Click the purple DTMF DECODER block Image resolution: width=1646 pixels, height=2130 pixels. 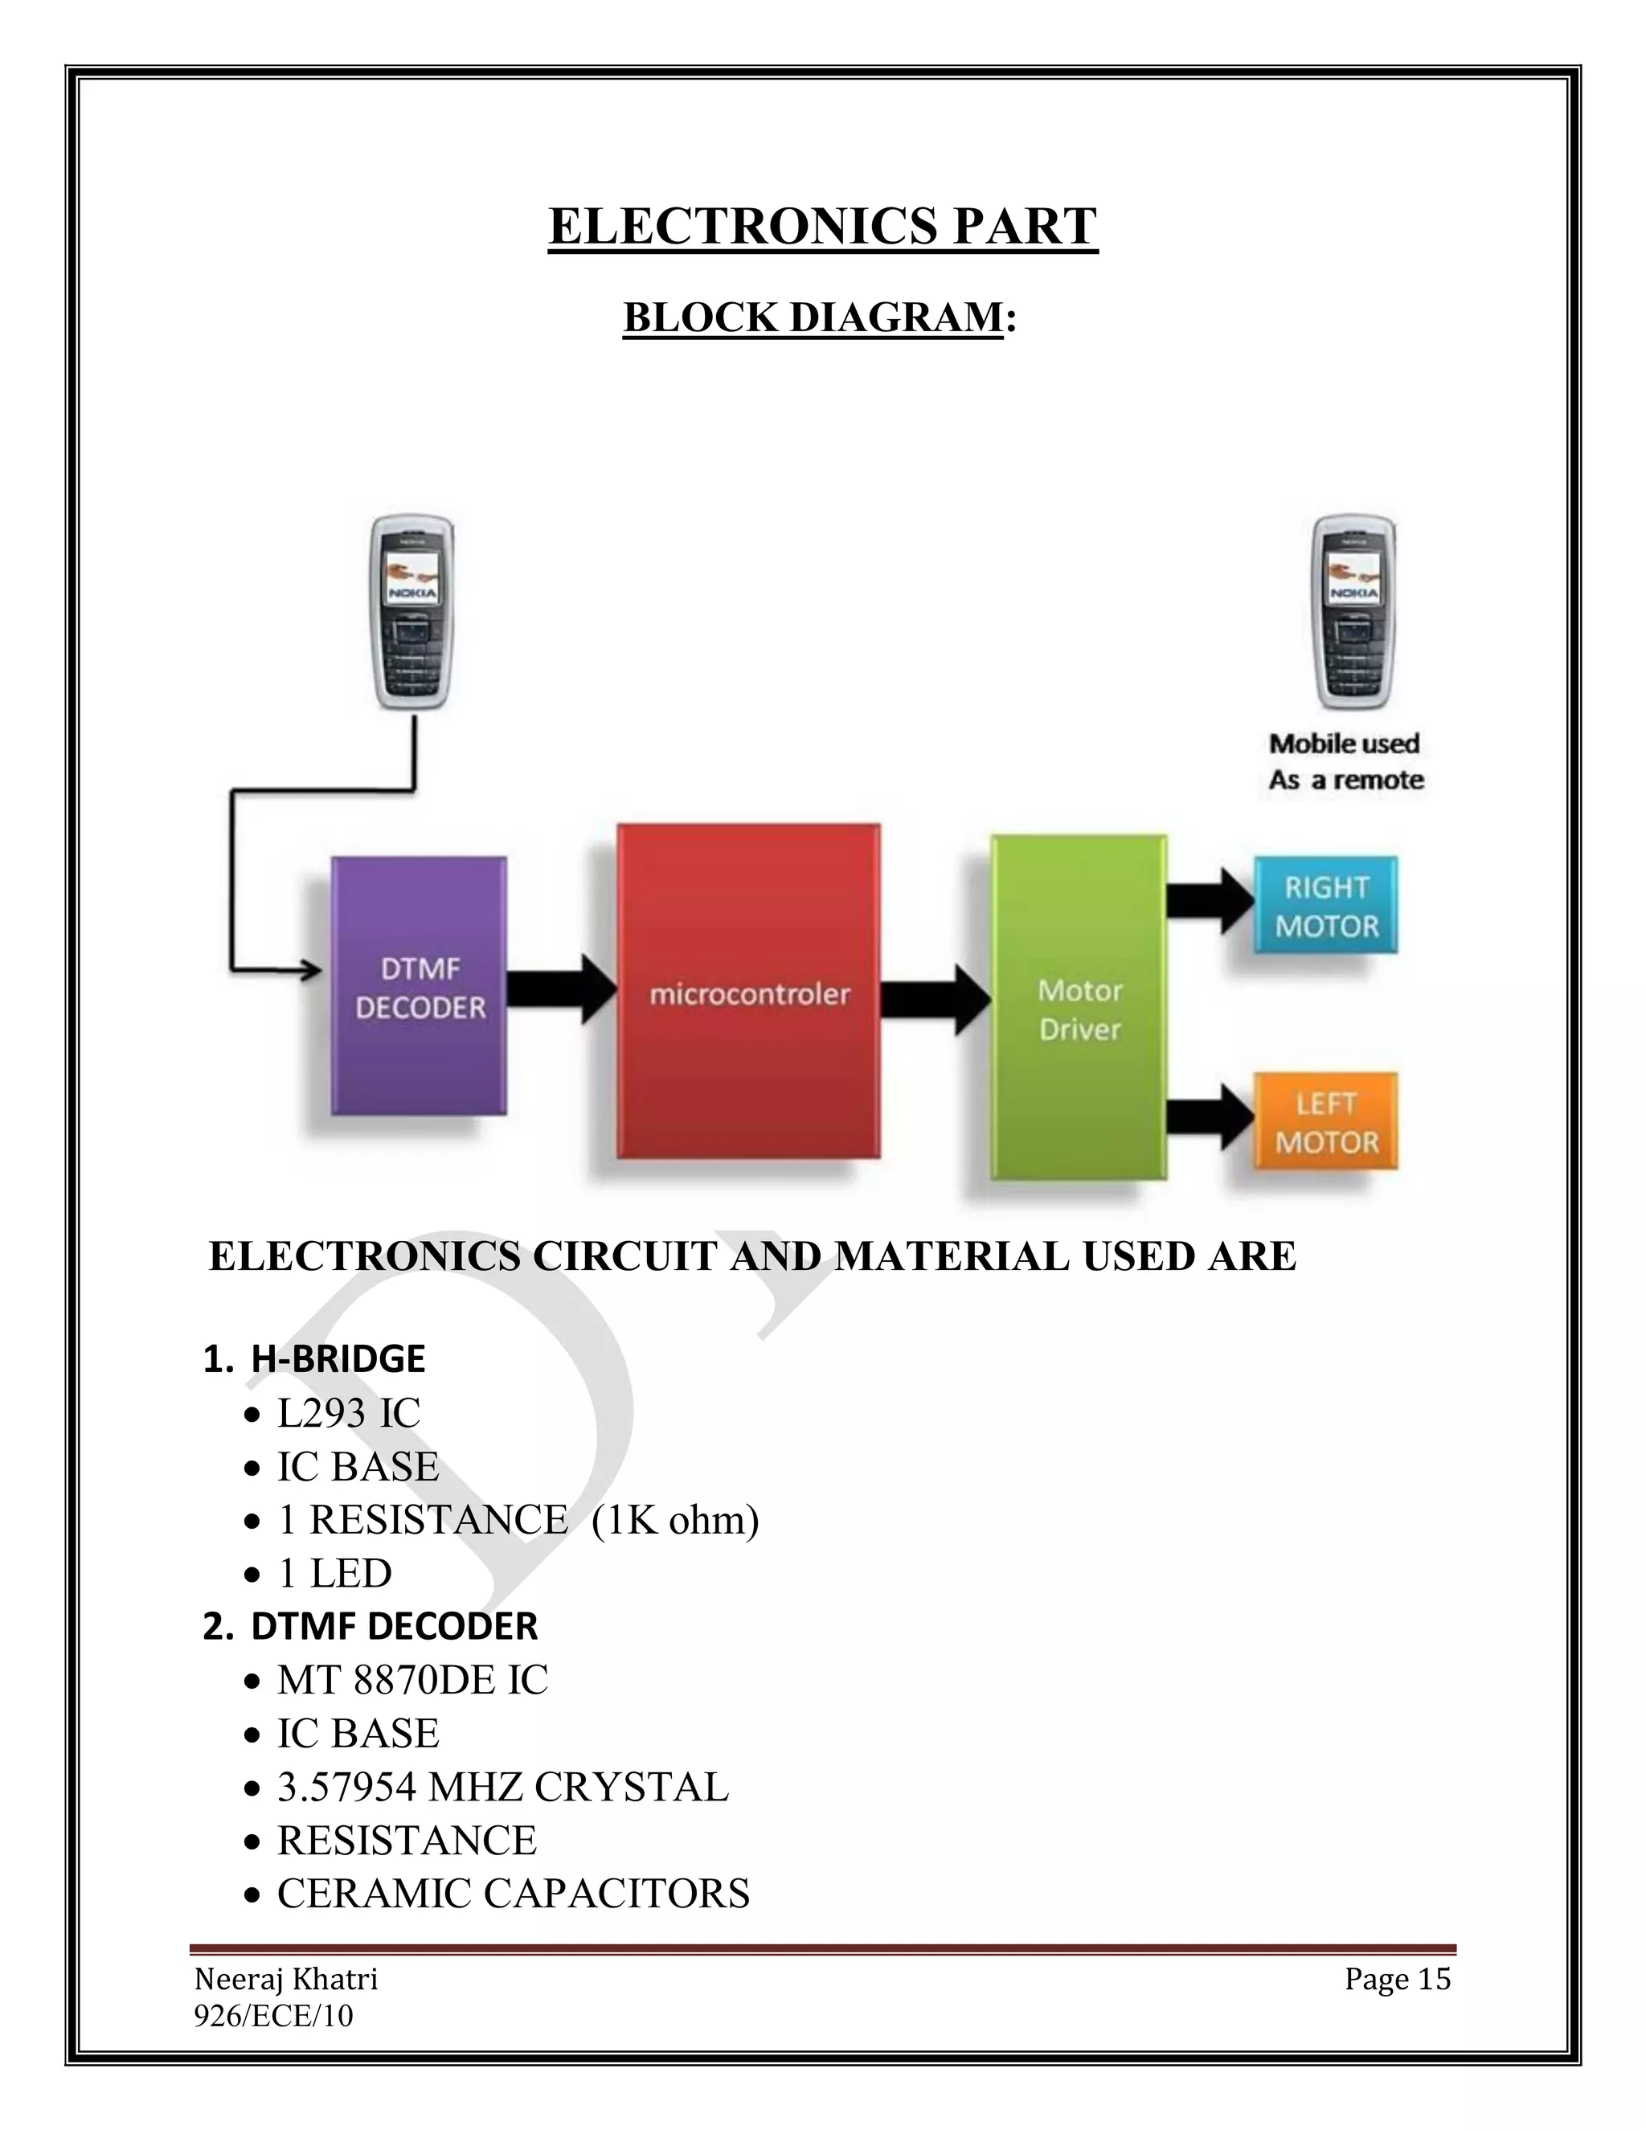[420, 986]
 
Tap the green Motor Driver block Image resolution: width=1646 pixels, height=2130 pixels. [1079, 1007]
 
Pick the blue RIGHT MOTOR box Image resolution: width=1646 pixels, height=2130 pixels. [1326, 905]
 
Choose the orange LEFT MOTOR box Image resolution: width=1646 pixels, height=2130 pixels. [1326, 1121]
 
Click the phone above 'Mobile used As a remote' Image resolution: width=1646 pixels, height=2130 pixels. [1354, 612]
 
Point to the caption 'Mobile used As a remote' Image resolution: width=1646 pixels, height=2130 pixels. [1345, 762]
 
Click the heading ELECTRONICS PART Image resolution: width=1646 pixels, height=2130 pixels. [823, 227]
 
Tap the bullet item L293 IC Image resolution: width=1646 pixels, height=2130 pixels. [348, 1413]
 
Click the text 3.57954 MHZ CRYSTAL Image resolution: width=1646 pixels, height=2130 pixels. [502, 1787]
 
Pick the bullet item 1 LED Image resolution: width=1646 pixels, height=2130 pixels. [334, 1573]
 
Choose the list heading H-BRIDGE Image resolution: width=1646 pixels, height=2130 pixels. [338, 1358]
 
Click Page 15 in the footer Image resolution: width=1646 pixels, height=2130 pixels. [1398, 1979]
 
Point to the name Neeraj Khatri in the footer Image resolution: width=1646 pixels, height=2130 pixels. [285, 1979]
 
